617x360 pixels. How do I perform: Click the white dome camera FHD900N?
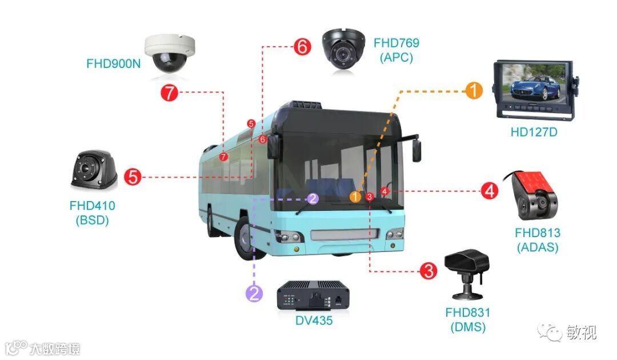169,53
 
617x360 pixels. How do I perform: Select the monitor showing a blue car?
534,90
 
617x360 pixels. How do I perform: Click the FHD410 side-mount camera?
94,170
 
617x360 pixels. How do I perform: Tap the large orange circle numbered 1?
474,90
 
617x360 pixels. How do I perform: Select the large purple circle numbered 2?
254,294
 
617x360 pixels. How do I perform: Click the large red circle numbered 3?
428,270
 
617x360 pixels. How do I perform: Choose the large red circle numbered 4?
488,190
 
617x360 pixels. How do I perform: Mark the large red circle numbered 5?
133,177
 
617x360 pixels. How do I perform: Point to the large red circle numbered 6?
302,47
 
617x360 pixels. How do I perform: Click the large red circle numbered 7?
169,92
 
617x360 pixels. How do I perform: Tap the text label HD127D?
534,133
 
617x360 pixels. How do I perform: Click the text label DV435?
314,320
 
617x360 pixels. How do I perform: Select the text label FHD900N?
113,63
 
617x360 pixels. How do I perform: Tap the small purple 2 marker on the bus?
312,198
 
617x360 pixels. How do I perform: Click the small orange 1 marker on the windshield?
355,197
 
